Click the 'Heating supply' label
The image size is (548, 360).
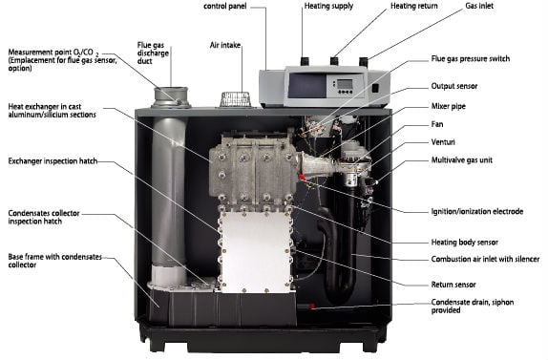[x=328, y=6]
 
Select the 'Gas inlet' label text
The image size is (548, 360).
[x=479, y=6]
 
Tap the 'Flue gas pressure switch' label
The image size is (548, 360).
[x=470, y=58]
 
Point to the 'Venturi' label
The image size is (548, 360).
[x=443, y=142]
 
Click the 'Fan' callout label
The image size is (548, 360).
[x=437, y=124]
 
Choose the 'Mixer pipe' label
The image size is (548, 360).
[x=448, y=106]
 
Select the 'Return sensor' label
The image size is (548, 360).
[x=453, y=285]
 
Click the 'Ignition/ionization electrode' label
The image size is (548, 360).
[x=477, y=211]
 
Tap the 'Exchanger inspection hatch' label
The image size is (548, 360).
[x=53, y=161]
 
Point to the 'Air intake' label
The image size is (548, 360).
[x=225, y=45]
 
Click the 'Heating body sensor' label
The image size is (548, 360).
[x=465, y=243]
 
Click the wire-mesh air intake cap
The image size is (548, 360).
[x=235, y=99]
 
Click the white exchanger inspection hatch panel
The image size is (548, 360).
[x=256, y=251]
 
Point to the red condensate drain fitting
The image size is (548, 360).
[x=313, y=307]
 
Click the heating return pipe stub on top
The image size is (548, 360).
[x=334, y=61]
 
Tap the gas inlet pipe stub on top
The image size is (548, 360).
[x=364, y=62]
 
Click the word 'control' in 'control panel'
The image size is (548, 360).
[x=214, y=6]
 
